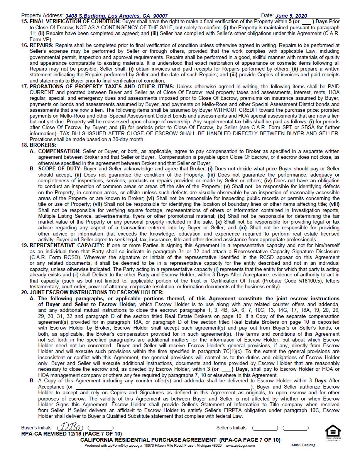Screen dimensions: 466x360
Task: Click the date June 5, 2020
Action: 291,16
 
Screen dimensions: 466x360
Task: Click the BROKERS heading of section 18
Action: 43,145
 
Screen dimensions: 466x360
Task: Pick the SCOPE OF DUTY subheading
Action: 60,169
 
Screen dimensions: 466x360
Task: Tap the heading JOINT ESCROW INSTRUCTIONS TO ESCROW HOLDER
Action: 96,293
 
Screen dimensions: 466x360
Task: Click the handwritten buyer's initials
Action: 70,427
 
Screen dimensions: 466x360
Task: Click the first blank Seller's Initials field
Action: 265,428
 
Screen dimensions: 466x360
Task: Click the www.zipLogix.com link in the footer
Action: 240,446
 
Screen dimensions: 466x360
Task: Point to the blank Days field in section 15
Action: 306,22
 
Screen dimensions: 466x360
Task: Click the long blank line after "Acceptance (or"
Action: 162,387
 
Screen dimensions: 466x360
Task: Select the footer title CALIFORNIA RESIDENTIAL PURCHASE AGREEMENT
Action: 149,440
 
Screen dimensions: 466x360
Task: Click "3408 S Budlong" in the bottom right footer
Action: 303,445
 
